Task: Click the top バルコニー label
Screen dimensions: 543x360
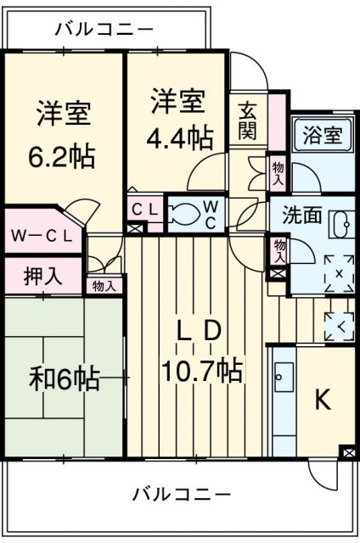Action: coord(104,29)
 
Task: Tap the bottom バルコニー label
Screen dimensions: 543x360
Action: coord(182,494)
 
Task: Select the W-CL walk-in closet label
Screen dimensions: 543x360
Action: coord(41,237)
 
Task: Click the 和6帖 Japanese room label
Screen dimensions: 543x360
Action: coord(65,378)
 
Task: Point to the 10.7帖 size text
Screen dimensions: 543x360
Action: coord(203,370)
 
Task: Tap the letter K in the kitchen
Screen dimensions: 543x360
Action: coord(323,401)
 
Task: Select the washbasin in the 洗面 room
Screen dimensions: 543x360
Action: coord(341,225)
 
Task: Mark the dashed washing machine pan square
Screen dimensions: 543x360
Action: coord(339,274)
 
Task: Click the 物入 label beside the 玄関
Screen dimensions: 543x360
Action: coord(278,175)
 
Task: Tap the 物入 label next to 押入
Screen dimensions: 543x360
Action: coord(104,286)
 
